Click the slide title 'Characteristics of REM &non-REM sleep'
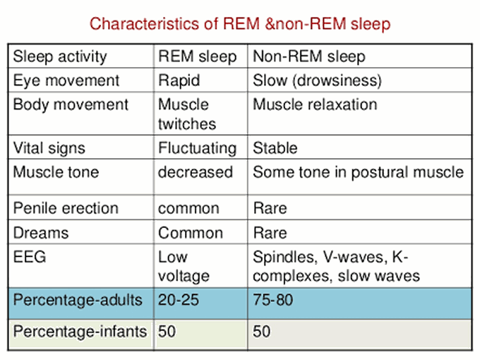[x=240, y=24]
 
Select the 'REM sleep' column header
[x=198, y=56]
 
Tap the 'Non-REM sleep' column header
[x=309, y=56]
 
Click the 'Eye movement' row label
[x=66, y=80]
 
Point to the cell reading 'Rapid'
[x=179, y=80]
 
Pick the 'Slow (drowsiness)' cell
[x=317, y=80]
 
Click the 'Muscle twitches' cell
[x=187, y=114]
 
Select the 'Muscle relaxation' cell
[x=315, y=104]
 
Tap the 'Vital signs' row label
[x=49, y=148]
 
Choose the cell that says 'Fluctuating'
[x=198, y=148]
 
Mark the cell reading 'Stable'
[x=275, y=148]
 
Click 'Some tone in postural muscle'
[x=359, y=172]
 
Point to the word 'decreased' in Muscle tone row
[x=196, y=172]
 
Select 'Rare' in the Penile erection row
[x=270, y=208]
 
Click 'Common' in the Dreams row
[x=191, y=233]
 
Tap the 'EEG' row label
[x=30, y=256]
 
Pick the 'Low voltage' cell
[x=184, y=266]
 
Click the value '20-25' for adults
[x=179, y=300]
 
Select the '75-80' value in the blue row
[x=273, y=300]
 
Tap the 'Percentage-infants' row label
[x=80, y=332]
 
